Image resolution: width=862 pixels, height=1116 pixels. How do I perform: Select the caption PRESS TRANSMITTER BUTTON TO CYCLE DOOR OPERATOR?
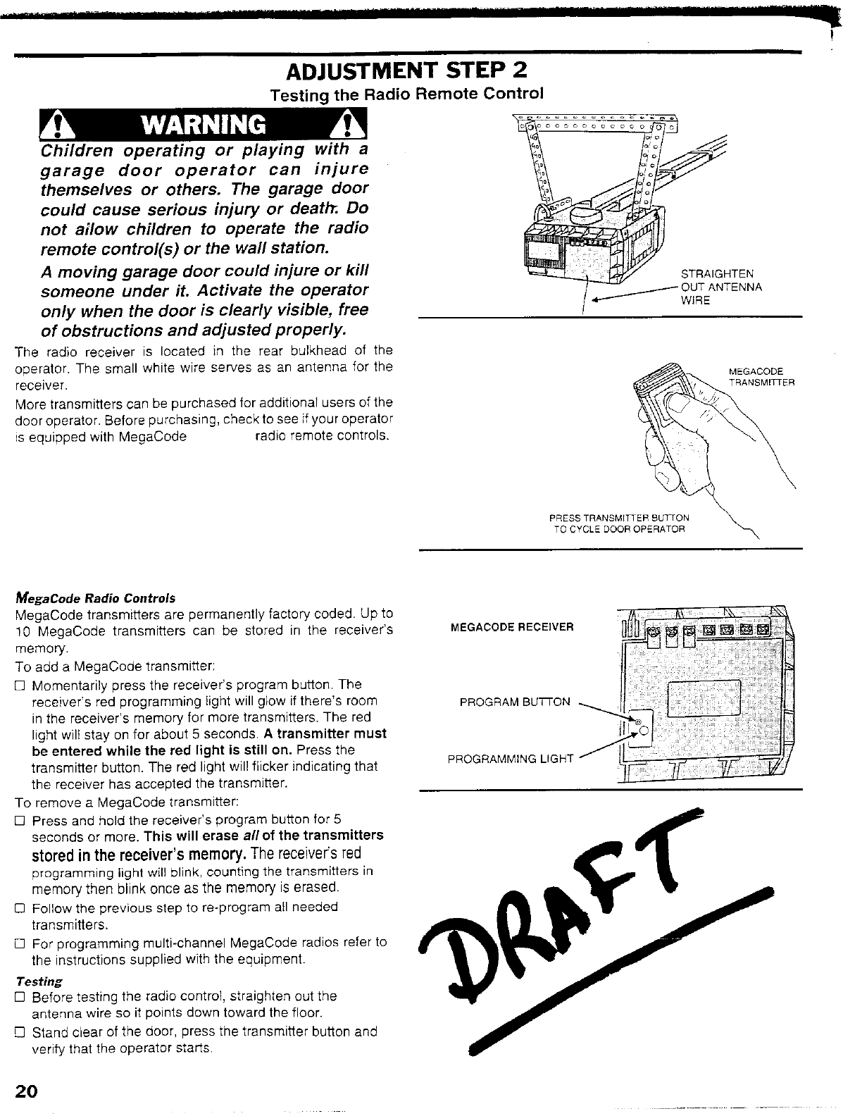pos(618,523)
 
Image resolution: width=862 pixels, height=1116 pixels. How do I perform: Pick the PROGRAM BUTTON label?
pos(515,702)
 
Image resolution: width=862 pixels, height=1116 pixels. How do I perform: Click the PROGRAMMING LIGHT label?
pos(511,759)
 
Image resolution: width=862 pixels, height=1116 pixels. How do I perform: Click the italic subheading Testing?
pos(39,981)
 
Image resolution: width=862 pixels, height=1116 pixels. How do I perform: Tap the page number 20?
pos(26,1091)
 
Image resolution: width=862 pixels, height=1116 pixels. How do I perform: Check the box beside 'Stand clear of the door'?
pos(20,1032)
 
